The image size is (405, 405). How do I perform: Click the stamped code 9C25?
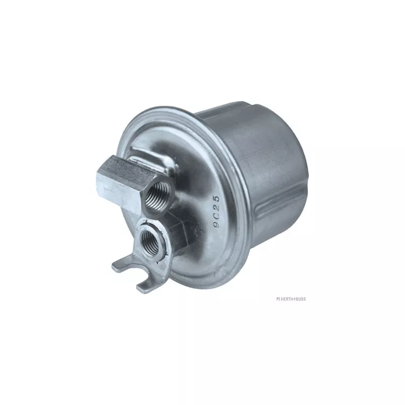point(216,212)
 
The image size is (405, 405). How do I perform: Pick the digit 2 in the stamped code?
point(216,207)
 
